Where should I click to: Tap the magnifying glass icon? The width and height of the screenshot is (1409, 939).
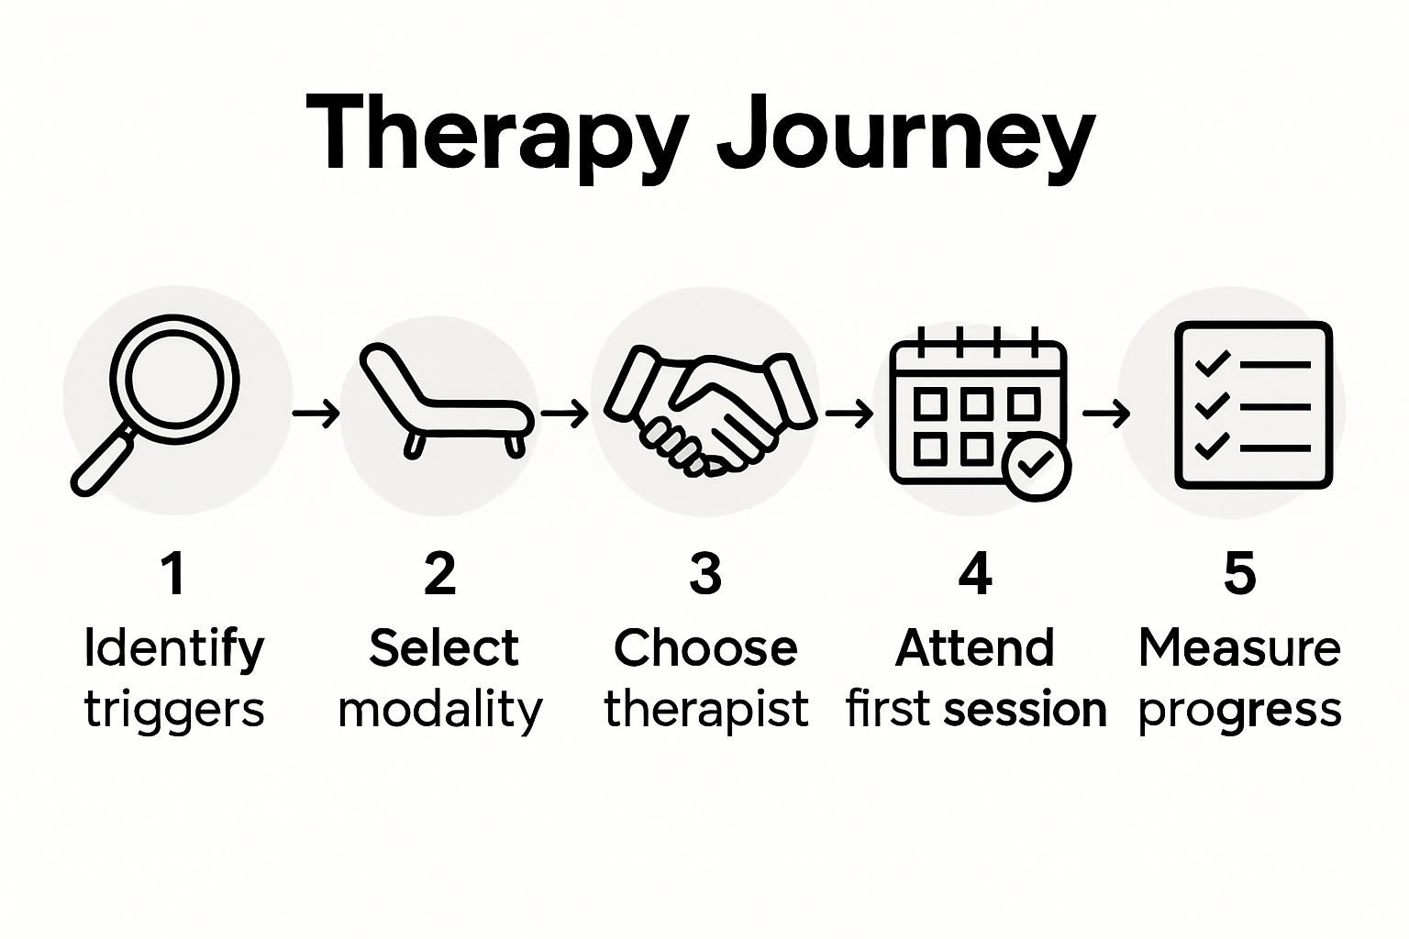(x=156, y=403)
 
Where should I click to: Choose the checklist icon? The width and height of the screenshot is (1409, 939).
(x=1253, y=404)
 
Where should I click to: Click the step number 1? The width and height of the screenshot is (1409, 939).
(x=172, y=573)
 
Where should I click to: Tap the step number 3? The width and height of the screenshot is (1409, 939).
(x=705, y=573)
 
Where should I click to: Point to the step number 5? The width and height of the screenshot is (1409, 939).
(x=1239, y=573)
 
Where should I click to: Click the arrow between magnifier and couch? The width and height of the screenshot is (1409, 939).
(x=316, y=414)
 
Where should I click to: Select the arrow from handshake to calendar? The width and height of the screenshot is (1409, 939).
(x=849, y=414)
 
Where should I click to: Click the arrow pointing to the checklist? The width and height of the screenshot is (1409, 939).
(x=1105, y=414)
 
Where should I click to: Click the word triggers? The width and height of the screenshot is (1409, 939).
(x=174, y=710)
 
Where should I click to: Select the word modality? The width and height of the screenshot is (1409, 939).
(x=440, y=710)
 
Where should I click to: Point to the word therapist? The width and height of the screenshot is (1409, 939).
(x=706, y=710)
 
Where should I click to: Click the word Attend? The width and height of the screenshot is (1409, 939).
(x=974, y=648)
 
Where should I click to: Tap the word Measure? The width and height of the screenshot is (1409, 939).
(x=1239, y=648)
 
